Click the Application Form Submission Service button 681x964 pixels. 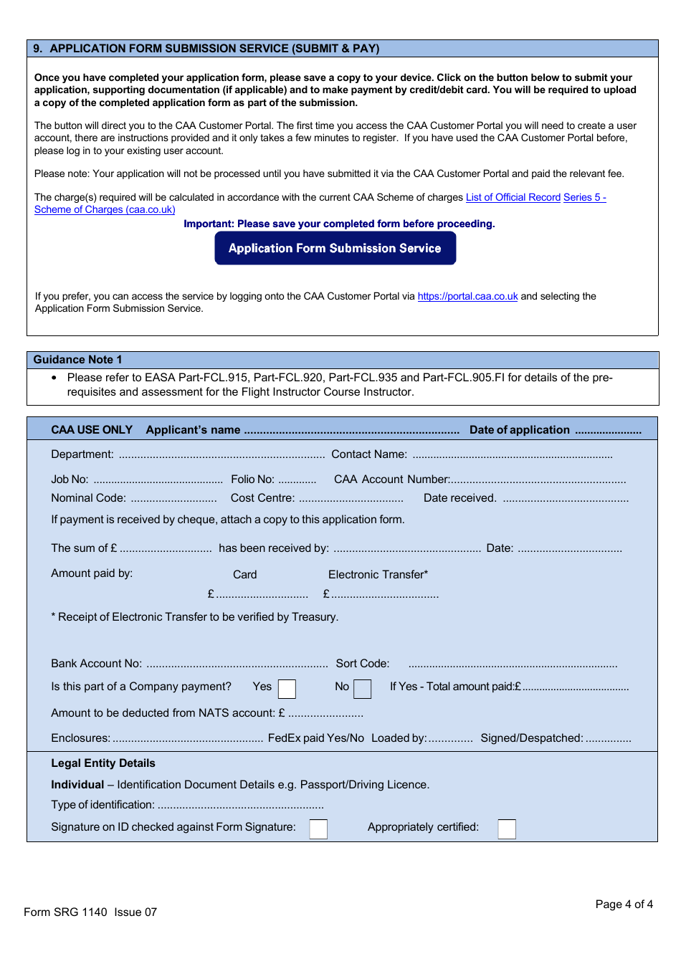pyautogui.click(x=335, y=248)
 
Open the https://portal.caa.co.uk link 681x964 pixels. pyautogui.click(x=467, y=296)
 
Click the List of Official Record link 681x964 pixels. pyautogui.click(x=513, y=197)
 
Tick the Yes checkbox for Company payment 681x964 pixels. pyautogui.click(x=287, y=689)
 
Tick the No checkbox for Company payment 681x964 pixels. pyautogui.click(x=363, y=689)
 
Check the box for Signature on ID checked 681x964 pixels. pyautogui.click(x=318, y=829)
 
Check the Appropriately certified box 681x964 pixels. pyautogui.click(x=507, y=829)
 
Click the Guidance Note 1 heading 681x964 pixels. pyautogui.click(x=77, y=360)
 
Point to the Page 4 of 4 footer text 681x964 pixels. pyautogui.click(x=624, y=905)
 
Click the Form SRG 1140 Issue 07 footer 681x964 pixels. pyautogui.click(x=90, y=912)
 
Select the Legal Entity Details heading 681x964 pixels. pyautogui.click(x=103, y=763)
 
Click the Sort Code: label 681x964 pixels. pyautogui.click(x=363, y=664)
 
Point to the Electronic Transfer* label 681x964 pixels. pyautogui.click(x=378, y=575)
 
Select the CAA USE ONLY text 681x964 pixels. pyautogui.click(x=92, y=430)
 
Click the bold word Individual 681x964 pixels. pyautogui.click(x=77, y=785)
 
